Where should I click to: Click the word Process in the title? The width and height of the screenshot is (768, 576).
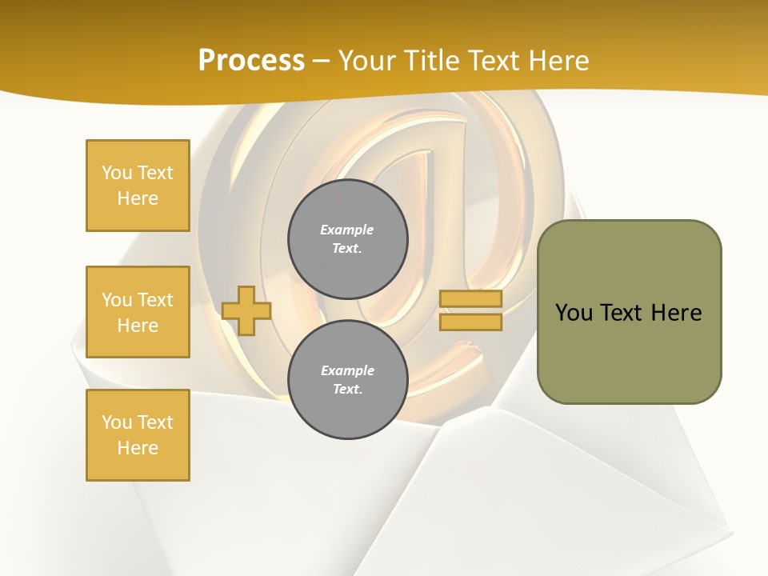tap(251, 61)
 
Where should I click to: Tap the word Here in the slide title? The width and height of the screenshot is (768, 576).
tap(554, 61)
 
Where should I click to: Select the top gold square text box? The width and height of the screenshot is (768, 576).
tap(138, 186)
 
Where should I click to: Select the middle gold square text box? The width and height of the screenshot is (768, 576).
tap(138, 312)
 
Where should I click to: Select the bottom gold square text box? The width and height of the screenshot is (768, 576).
tap(138, 435)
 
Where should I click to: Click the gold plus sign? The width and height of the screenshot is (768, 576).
tap(246, 311)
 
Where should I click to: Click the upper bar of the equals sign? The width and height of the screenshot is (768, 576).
tap(470, 299)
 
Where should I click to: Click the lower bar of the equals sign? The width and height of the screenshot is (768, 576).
tap(470, 322)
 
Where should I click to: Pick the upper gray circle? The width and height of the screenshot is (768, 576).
tap(348, 239)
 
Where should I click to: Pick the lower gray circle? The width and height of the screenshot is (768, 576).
tap(348, 380)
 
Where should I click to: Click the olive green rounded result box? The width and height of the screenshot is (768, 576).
tap(629, 311)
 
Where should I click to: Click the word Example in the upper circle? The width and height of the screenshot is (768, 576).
tap(346, 230)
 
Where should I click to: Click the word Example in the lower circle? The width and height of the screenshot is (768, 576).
tap(347, 370)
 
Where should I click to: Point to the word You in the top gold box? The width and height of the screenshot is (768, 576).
tap(117, 173)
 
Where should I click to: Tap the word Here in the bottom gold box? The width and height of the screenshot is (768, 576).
tap(138, 448)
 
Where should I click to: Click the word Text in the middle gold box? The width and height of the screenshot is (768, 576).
tap(154, 300)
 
